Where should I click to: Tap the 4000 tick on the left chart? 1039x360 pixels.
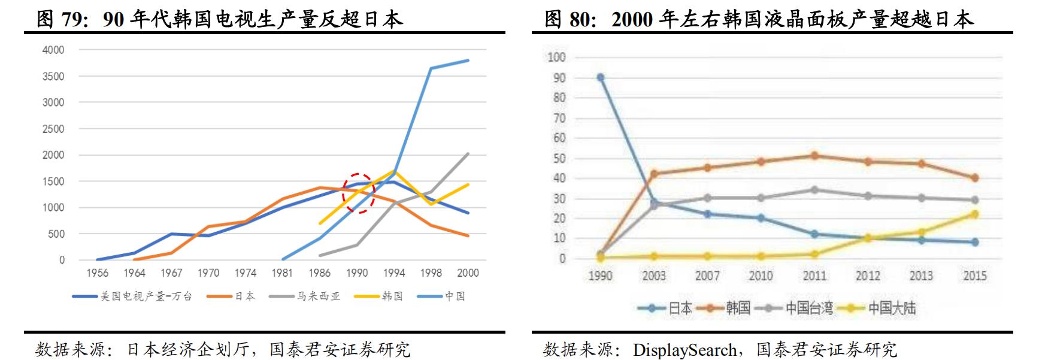(53, 50)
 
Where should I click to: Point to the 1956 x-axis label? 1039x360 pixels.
(97, 273)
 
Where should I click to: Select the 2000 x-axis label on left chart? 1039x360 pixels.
(468, 273)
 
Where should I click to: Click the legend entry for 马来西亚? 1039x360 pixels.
(318, 296)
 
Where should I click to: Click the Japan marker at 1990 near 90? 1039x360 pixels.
(600, 77)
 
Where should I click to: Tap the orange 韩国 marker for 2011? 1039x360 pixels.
(814, 156)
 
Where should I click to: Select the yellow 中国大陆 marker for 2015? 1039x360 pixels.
(974, 214)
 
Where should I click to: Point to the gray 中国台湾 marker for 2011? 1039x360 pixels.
(814, 190)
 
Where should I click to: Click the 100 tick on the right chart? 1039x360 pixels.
(556, 58)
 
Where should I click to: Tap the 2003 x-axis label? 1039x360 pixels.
(653, 276)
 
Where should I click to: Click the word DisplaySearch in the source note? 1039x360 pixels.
(684, 349)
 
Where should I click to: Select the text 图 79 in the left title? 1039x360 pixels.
(59, 19)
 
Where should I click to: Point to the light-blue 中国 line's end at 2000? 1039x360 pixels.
(468, 60)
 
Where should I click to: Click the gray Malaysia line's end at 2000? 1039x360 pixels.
(468, 153)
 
